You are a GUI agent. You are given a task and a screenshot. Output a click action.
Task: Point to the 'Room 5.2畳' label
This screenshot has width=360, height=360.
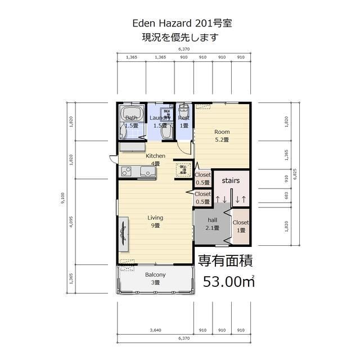222,136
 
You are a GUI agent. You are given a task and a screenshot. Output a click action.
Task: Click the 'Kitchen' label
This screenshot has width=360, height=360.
155,156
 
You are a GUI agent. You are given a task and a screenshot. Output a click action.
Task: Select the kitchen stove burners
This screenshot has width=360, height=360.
125,171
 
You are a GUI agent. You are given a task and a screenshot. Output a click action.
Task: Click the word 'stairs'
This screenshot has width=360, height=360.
231,181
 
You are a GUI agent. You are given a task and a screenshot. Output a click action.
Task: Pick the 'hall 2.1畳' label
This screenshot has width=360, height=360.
213,224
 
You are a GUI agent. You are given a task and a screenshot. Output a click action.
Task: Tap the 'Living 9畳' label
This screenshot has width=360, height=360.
155,221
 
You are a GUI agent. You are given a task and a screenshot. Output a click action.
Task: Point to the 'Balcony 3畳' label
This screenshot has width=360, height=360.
155,278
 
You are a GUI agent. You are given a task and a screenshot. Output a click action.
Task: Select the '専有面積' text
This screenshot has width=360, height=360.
225,260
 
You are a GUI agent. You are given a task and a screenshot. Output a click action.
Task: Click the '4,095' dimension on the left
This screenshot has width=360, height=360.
71,224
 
